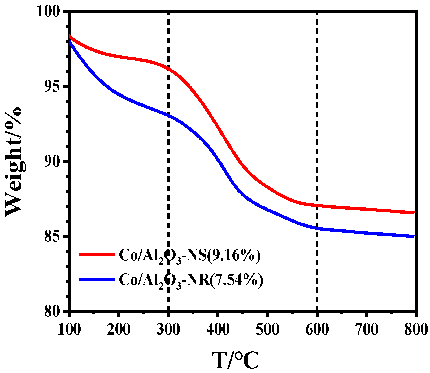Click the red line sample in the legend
(x=97, y=254)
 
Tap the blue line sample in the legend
(x=97, y=279)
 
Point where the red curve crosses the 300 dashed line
(x=168, y=68)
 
